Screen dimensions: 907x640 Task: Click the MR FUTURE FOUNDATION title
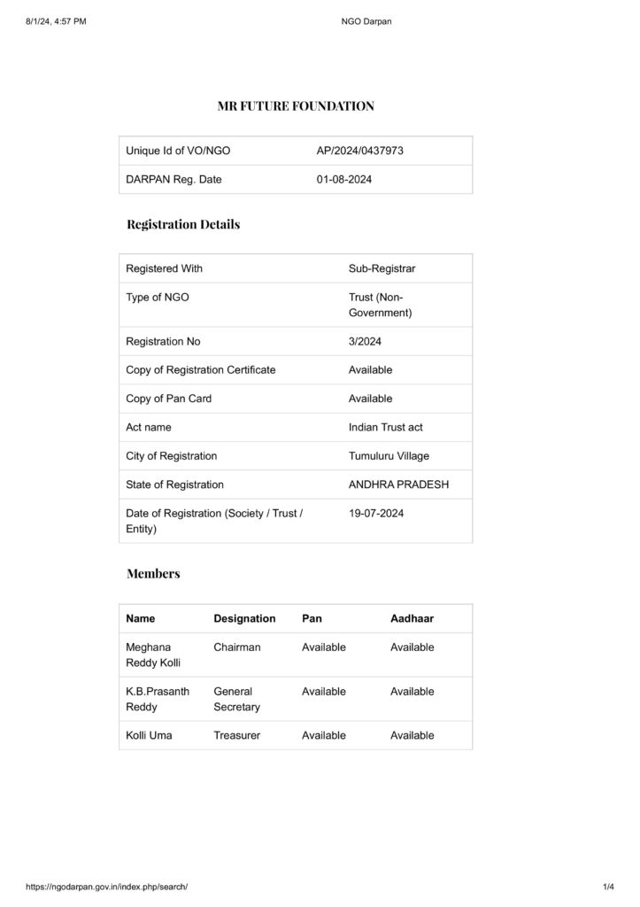(296, 106)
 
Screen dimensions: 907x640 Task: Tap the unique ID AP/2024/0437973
(359, 151)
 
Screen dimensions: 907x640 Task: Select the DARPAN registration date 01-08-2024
(343, 180)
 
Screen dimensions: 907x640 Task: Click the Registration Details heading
(183, 224)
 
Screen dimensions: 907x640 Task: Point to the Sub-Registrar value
(382, 268)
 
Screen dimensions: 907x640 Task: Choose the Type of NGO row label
(157, 298)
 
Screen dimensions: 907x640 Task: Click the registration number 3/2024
(365, 341)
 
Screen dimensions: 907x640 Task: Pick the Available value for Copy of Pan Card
(370, 399)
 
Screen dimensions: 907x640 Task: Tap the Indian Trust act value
(385, 428)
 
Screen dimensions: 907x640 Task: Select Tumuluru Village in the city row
(389, 456)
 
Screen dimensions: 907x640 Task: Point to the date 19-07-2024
(376, 514)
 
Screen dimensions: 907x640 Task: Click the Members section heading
(153, 573)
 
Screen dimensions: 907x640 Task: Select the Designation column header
(244, 618)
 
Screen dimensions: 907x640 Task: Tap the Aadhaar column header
(412, 618)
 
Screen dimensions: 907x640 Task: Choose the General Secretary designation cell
(236, 699)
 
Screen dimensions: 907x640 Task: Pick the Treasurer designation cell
(236, 735)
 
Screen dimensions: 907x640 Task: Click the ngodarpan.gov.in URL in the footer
(107, 887)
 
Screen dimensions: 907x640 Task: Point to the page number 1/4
(608, 887)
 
